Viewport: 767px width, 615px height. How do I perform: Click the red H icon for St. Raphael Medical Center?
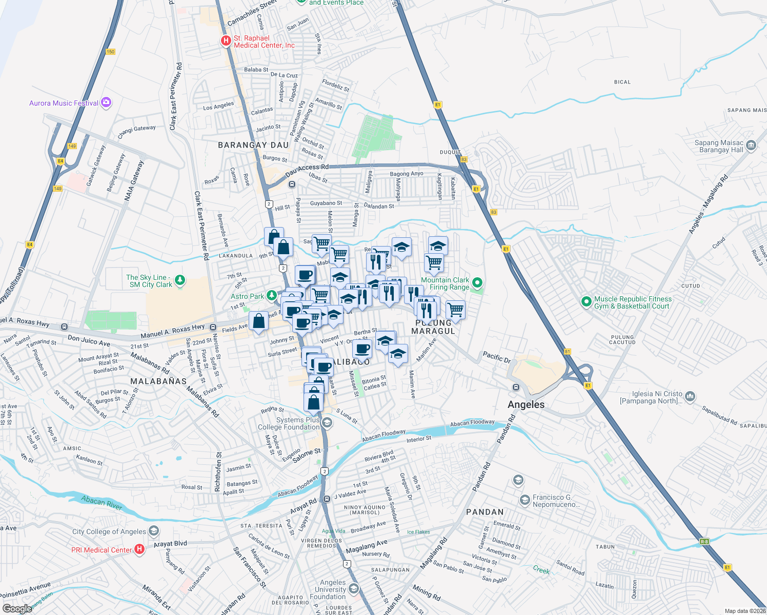click(226, 41)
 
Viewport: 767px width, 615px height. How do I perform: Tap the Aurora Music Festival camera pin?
click(106, 102)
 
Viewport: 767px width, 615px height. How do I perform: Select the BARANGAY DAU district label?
click(253, 145)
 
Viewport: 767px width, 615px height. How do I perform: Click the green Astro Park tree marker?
click(272, 296)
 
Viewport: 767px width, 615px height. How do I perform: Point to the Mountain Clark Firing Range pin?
click(477, 283)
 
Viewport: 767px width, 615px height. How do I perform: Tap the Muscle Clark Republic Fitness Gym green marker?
click(587, 302)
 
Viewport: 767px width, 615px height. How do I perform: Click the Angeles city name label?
click(526, 404)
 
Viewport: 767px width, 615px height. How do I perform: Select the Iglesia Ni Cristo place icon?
click(690, 396)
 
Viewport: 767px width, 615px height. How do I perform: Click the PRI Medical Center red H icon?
click(139, 549)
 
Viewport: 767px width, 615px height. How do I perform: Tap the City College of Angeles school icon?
click(154, 531)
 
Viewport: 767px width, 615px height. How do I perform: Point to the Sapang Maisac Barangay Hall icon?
click(752, 146)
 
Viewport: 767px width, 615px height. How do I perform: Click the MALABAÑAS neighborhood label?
click(158, 381)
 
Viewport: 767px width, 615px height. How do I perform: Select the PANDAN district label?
click(485, 511)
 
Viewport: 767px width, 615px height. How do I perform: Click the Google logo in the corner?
click(17, 608)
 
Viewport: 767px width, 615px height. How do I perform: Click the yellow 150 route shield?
click(110, 52)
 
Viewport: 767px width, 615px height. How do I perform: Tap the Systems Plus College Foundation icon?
click(327, 423)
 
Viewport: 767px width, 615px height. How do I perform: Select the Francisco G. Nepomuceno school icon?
click(524, 500)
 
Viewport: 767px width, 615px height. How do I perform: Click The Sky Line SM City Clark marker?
click(179, 280)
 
